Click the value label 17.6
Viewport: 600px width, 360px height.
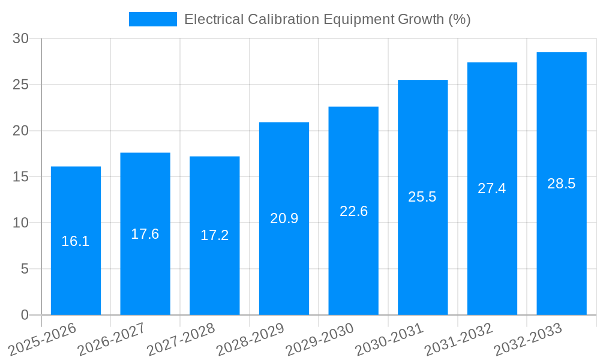tap(145, 234)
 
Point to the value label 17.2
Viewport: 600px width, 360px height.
tap(214, 235)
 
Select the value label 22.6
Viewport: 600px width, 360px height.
tap(353, 211)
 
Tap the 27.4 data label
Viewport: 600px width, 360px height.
tap(492, 188)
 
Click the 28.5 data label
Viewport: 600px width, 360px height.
tap(562, 184)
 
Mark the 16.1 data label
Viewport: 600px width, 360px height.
tap(76, 241)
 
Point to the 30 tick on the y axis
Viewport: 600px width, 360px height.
tap(20, 38)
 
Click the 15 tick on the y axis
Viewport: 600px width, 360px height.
tap(20, 177)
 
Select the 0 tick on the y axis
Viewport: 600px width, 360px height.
tap(25, 315)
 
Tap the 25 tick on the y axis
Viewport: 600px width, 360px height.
tap(20, 85)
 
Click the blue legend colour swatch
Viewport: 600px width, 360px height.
tap(153, 19)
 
